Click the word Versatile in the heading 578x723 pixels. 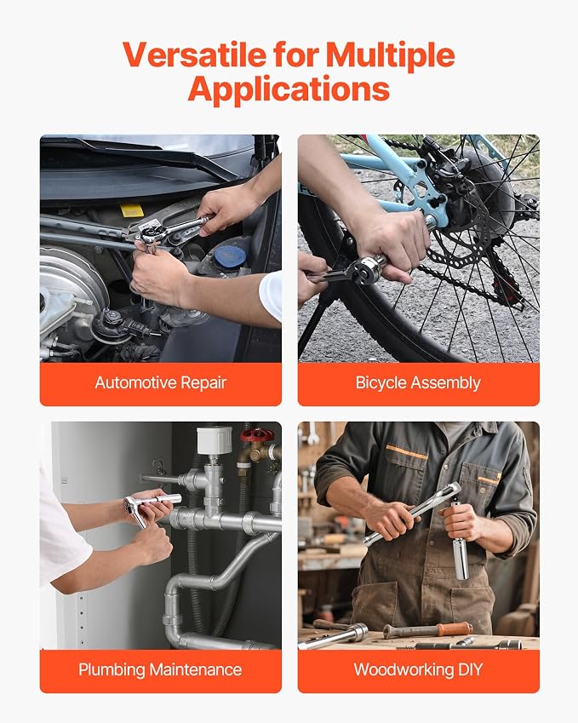[194, 55]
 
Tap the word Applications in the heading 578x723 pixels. [289, 89]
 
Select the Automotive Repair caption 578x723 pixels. [160, 382]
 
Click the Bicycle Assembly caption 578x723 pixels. [418, 382]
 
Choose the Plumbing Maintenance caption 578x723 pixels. [160, 669]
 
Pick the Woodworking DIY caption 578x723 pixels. [418, 669]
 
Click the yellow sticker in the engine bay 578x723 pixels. [132, 210]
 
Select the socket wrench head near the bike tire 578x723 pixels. [367, 270]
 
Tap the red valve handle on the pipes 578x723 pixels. [257, 435]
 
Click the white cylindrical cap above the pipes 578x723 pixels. [215, 440]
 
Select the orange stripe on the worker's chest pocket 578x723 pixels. [407, 452]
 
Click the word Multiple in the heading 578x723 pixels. [390, 55]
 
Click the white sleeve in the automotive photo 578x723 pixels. [271, 296]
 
